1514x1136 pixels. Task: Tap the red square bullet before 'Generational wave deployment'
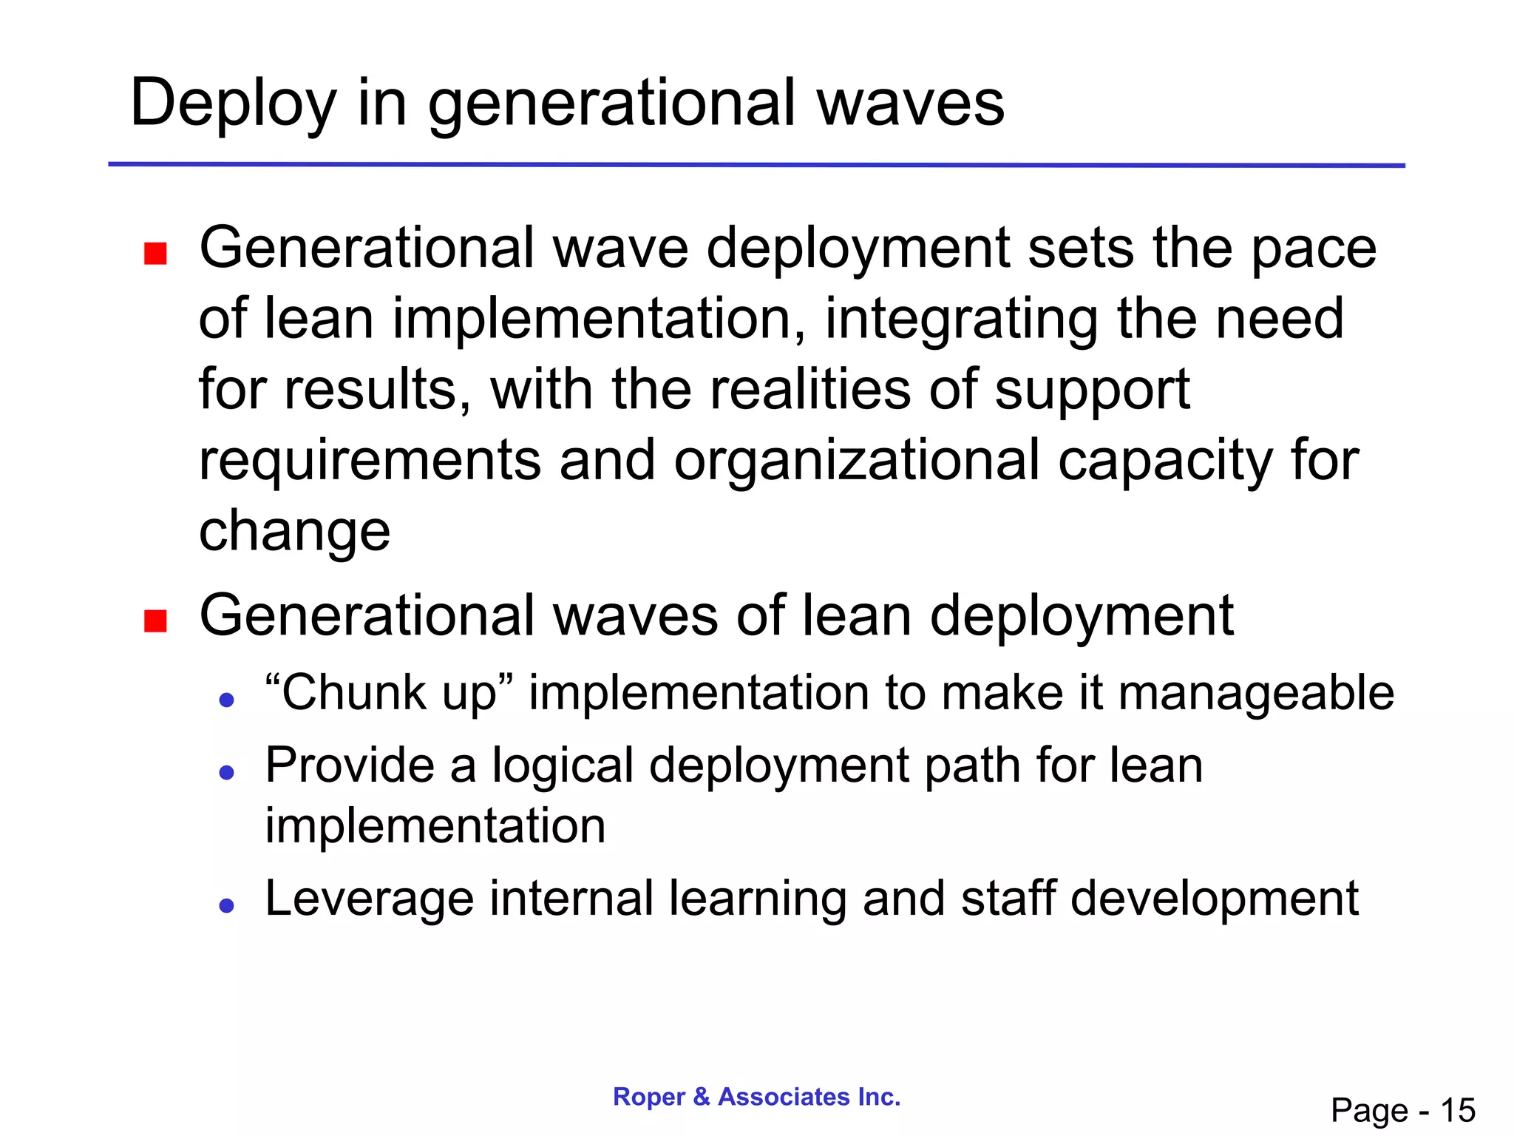[155, 254]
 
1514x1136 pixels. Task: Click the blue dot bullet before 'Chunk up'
[227, 700]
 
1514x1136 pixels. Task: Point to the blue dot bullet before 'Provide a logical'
[227, 773]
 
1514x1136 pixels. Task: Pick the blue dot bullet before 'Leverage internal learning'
[227, 905]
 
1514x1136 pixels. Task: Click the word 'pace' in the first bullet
[1313, 249]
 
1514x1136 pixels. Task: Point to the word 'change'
[294, 531]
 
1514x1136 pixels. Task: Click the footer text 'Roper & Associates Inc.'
[756, 1097]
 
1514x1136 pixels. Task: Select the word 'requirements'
[370, 460]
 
